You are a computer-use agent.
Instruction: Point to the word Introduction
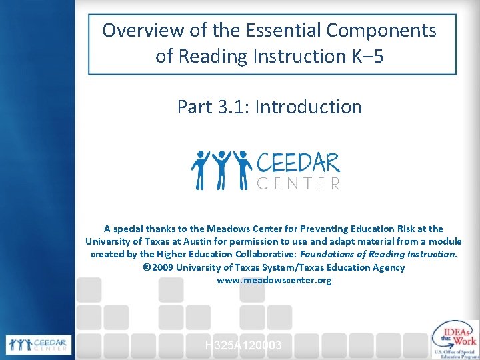(x=308, y=107)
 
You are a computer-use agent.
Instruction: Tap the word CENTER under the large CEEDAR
(x=298, y=183)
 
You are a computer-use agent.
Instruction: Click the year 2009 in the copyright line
(x=165, y=267)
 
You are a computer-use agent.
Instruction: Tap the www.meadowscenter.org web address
(x=274, y=280)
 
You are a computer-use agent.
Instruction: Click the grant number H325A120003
(x=243, y=345)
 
